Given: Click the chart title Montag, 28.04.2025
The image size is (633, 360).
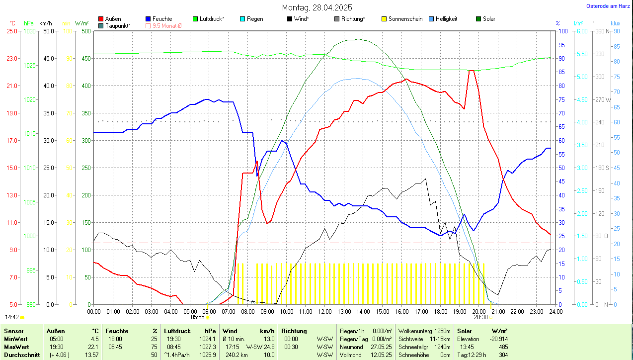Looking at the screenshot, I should pyautogui.click(x=317, y=7).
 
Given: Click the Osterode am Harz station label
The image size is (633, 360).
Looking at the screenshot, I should pyautogui.click(x=608, y=6).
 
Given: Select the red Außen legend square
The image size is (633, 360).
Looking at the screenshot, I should pyautogui.click(x=101, y=19).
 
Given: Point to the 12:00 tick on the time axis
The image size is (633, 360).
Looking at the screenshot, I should pyautogui.click(x=324, y=311).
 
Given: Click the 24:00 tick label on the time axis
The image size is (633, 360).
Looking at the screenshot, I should pyautogui.click(x=555, y=311).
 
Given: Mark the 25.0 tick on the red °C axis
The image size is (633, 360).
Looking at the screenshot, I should pyautogui.click(x=11, y=31).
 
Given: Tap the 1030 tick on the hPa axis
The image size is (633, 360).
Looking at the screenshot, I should pyautogui.click(x=30, y=31).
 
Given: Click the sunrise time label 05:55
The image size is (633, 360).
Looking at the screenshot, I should pyautogui.click(x=198, y=317).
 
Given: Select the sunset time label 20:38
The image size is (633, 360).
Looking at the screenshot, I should pyautogui.click(x=480, y=317).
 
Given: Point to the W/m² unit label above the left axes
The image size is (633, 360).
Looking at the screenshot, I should pyautogui.click(x=82, y=23).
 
